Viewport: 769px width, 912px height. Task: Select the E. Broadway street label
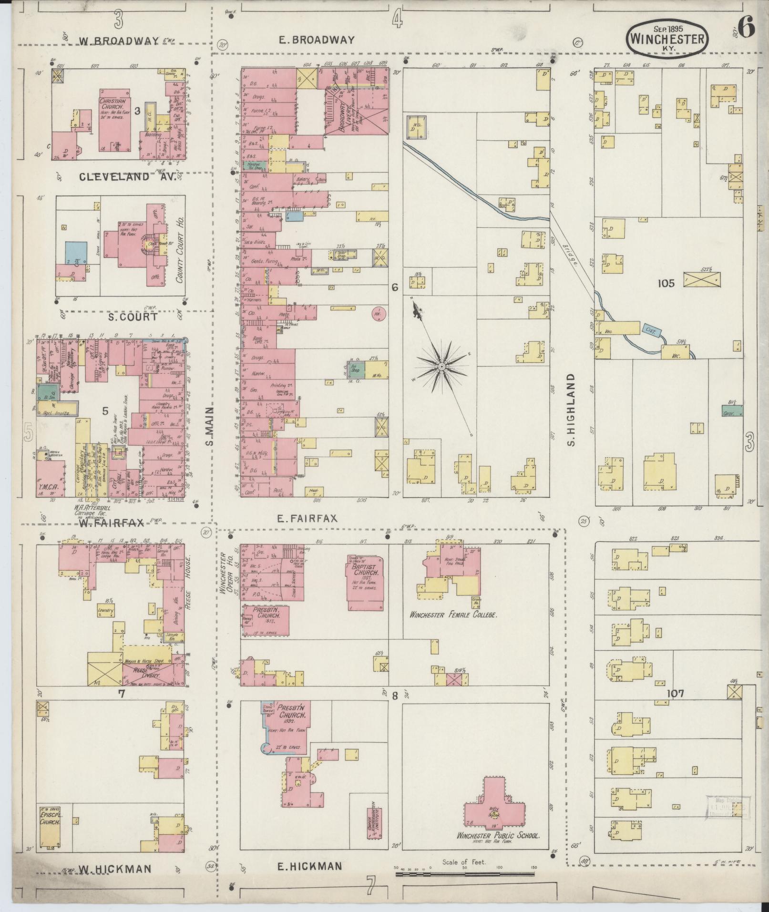pyautogui.click(x=317, y=40)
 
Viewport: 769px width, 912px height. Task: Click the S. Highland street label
pyautogui.click(x=572, y=410)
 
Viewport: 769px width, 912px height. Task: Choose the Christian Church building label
pyautogui.click(x=113, y=109)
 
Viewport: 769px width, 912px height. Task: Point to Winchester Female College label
pyautogui.click(x=453, y=615)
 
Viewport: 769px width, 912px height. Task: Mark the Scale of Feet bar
pyautogui.click(x=465, y=874)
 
